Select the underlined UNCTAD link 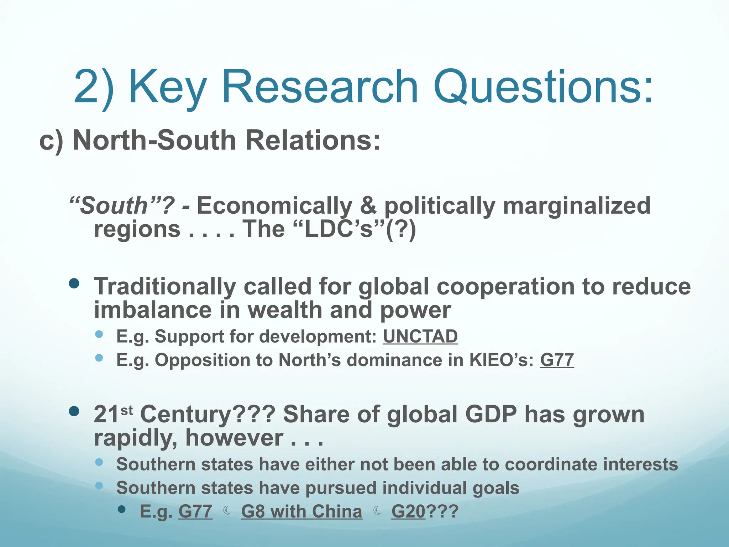420,337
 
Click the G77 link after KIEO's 557,360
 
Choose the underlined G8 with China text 301,512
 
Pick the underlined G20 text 408,512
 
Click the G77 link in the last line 195,512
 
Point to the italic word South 113,206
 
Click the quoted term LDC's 339,229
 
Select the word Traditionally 165,287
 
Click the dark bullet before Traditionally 74,284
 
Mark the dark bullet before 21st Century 74,412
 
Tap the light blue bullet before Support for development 99,334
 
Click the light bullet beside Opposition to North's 99,358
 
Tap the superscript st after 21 127,411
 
